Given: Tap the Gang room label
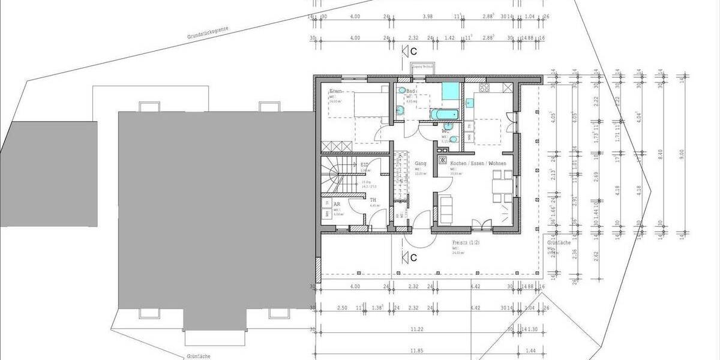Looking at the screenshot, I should click(421, 163).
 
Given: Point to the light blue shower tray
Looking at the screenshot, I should click(451, 91).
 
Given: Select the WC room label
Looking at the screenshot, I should click(446, 130).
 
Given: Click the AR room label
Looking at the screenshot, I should click(337, 204).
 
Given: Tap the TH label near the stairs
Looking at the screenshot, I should click(373, 200).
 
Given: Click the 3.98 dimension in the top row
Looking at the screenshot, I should click(427, 17).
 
